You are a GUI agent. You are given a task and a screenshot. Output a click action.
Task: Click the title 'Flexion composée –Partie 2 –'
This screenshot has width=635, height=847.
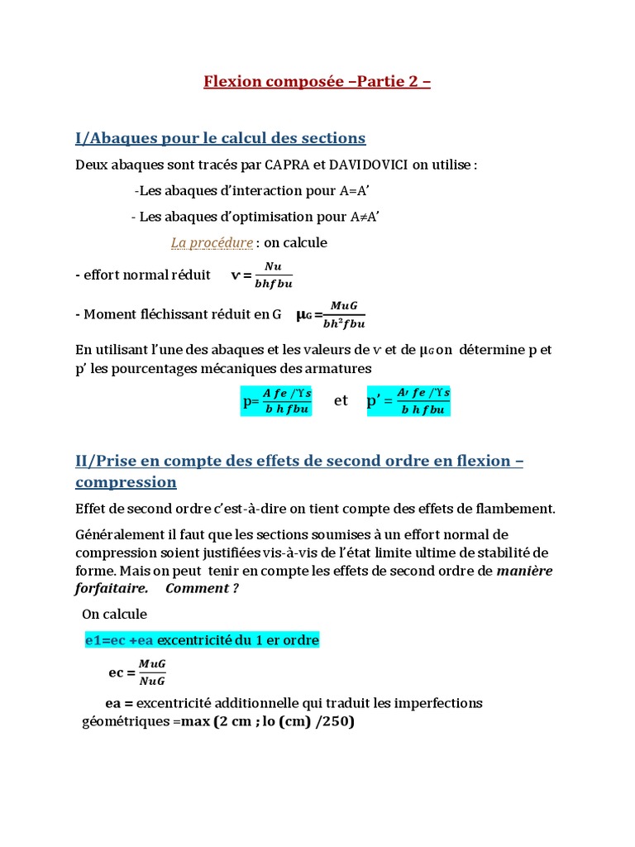coord(317,82)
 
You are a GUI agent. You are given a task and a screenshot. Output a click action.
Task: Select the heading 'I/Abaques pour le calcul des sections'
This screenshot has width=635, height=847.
coord(220,137)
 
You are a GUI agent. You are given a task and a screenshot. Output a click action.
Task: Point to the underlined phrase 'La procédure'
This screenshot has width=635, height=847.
coord(212,242)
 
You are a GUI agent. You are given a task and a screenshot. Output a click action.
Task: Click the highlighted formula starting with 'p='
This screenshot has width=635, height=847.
coord(276,401)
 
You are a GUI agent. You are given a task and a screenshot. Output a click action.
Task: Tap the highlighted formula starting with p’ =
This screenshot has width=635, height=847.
coord(408,401)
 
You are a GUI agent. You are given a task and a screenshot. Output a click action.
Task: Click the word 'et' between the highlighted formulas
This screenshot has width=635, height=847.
coord(341,401)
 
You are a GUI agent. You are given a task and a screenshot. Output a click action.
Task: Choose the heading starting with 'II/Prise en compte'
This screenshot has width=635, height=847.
coord(299,471)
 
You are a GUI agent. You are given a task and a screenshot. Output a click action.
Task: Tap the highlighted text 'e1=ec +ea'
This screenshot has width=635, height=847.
coord(119,641)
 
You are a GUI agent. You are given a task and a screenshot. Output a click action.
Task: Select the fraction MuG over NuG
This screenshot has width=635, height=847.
coord(152,672)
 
